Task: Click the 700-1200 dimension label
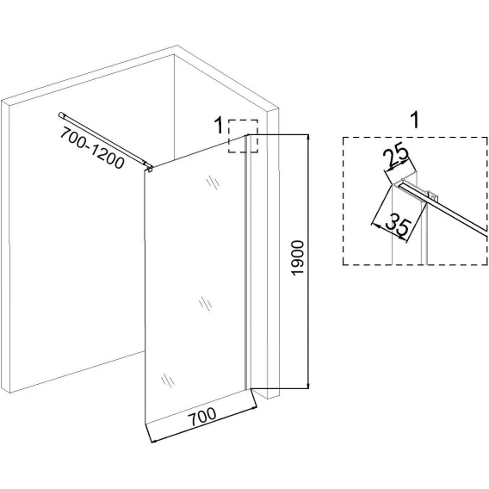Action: click(x=92, y=148)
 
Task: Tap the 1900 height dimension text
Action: click(x=298, y=258)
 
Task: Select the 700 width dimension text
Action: click(x=203, y=417)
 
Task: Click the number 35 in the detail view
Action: click(x=397, y=225)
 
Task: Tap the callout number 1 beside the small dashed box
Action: click(x=220, y=126)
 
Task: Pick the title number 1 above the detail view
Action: click(x=414, y=120)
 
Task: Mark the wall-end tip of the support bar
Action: click(x=60, y=115)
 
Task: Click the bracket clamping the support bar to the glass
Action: click(x=150, y=168)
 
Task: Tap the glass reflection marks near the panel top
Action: click(x=214, y=183)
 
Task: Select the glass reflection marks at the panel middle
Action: click(x=205, y=303)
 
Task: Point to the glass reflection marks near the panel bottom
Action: click(x=168, y=381)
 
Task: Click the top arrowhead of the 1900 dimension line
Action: click(x=308, y=137)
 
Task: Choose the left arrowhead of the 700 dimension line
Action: click(x=153, y=441)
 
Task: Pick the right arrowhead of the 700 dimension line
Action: click(x=254, y=406)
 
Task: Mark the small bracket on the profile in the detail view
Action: click(x=434, y=195)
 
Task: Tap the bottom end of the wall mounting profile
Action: click(x=247, y=389)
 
